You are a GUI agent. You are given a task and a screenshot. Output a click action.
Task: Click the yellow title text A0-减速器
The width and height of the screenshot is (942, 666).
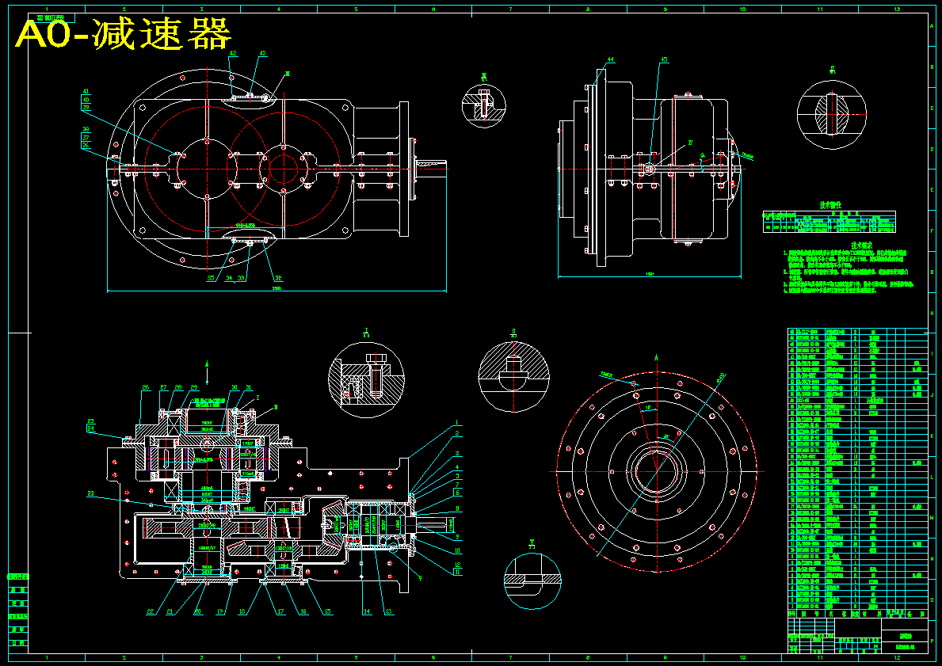124,35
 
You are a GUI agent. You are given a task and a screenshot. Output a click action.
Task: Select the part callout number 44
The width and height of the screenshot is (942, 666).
610,59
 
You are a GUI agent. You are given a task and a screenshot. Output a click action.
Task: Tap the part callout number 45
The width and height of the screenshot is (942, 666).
665,59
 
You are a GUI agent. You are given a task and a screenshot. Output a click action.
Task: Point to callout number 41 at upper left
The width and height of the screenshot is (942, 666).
86,91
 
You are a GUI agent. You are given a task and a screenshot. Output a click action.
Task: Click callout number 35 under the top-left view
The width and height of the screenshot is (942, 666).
210,279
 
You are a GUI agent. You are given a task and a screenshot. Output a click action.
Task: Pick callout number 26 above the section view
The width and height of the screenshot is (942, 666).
146,387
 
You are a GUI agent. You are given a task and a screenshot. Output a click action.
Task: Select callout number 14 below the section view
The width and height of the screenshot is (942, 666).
366,611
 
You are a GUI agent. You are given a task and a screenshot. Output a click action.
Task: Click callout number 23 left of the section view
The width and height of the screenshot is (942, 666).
90,494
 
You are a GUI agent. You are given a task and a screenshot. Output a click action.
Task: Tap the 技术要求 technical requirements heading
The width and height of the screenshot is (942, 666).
860,245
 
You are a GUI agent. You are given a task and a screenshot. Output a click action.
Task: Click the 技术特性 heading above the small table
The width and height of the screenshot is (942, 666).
829,204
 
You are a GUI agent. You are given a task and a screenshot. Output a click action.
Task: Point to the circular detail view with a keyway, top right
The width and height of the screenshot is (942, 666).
833,114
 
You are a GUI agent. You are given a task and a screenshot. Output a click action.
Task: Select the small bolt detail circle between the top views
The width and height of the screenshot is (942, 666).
483,105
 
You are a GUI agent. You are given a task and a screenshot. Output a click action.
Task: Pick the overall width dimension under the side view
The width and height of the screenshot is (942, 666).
650,276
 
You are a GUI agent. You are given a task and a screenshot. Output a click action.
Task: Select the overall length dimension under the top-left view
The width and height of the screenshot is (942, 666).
276,288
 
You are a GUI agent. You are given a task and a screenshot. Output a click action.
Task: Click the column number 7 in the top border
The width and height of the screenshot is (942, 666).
510,9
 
